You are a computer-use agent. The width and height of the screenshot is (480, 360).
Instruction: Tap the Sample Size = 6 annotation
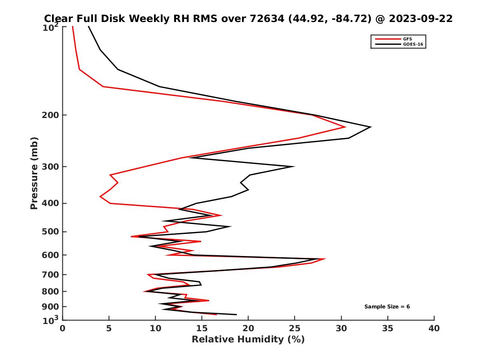coord(387,307)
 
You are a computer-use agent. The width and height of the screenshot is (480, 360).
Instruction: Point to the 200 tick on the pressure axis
coord(50,115)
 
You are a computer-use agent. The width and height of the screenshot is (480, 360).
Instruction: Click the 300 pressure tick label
coord(50,167)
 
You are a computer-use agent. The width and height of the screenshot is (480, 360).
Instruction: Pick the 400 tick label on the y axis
coord(50,203)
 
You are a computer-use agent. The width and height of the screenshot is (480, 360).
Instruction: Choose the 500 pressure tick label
coord(50,232)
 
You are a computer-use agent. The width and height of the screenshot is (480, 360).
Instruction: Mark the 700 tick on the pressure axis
coord(50,275)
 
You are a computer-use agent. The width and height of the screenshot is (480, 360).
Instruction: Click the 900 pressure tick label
coord(50,307)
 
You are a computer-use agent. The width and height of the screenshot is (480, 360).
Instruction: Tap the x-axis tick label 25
coord(295,329)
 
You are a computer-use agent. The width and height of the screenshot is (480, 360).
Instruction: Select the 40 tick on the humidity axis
coord(434,329)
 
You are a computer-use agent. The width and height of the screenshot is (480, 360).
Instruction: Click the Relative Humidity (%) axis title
coord(248,340)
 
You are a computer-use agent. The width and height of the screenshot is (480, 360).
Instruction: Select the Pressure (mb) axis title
coord(34,173)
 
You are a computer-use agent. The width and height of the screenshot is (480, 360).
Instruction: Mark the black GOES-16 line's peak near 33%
coord(370,127)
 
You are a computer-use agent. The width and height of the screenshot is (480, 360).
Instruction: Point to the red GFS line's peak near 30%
coord(345,127)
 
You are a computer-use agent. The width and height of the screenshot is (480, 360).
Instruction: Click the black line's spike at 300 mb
coord(294,166)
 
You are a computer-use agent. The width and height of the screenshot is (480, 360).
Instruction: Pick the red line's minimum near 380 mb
coord(100,196)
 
